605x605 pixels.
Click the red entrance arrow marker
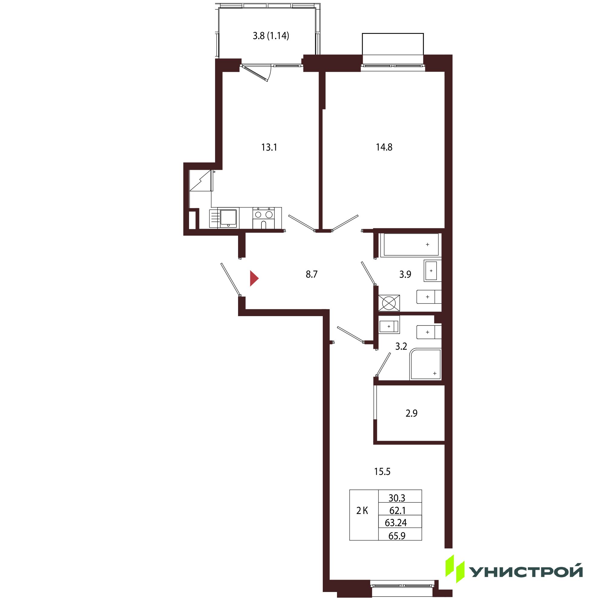click(254, 279)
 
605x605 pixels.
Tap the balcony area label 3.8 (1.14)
click(271, 36)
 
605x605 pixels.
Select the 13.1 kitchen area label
click(269, 147)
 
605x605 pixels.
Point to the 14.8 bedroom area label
click(384, 147)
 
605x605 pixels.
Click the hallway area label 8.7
click(312, 275)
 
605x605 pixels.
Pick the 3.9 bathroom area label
click(405, 275)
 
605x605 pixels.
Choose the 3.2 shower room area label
click(401, 346)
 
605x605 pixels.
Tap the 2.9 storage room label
click(411, 413)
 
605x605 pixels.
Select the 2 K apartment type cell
click(362, 511)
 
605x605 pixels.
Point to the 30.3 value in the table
click(397, 498)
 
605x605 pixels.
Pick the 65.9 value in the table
click(397, 536)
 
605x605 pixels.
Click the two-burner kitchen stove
click(264, 218)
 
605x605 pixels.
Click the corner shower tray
click(425, 364)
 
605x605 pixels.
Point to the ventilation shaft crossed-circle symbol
click(389, 303)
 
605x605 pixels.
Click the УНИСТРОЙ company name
click(525, 572)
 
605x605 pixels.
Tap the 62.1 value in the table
click(397, 511)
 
